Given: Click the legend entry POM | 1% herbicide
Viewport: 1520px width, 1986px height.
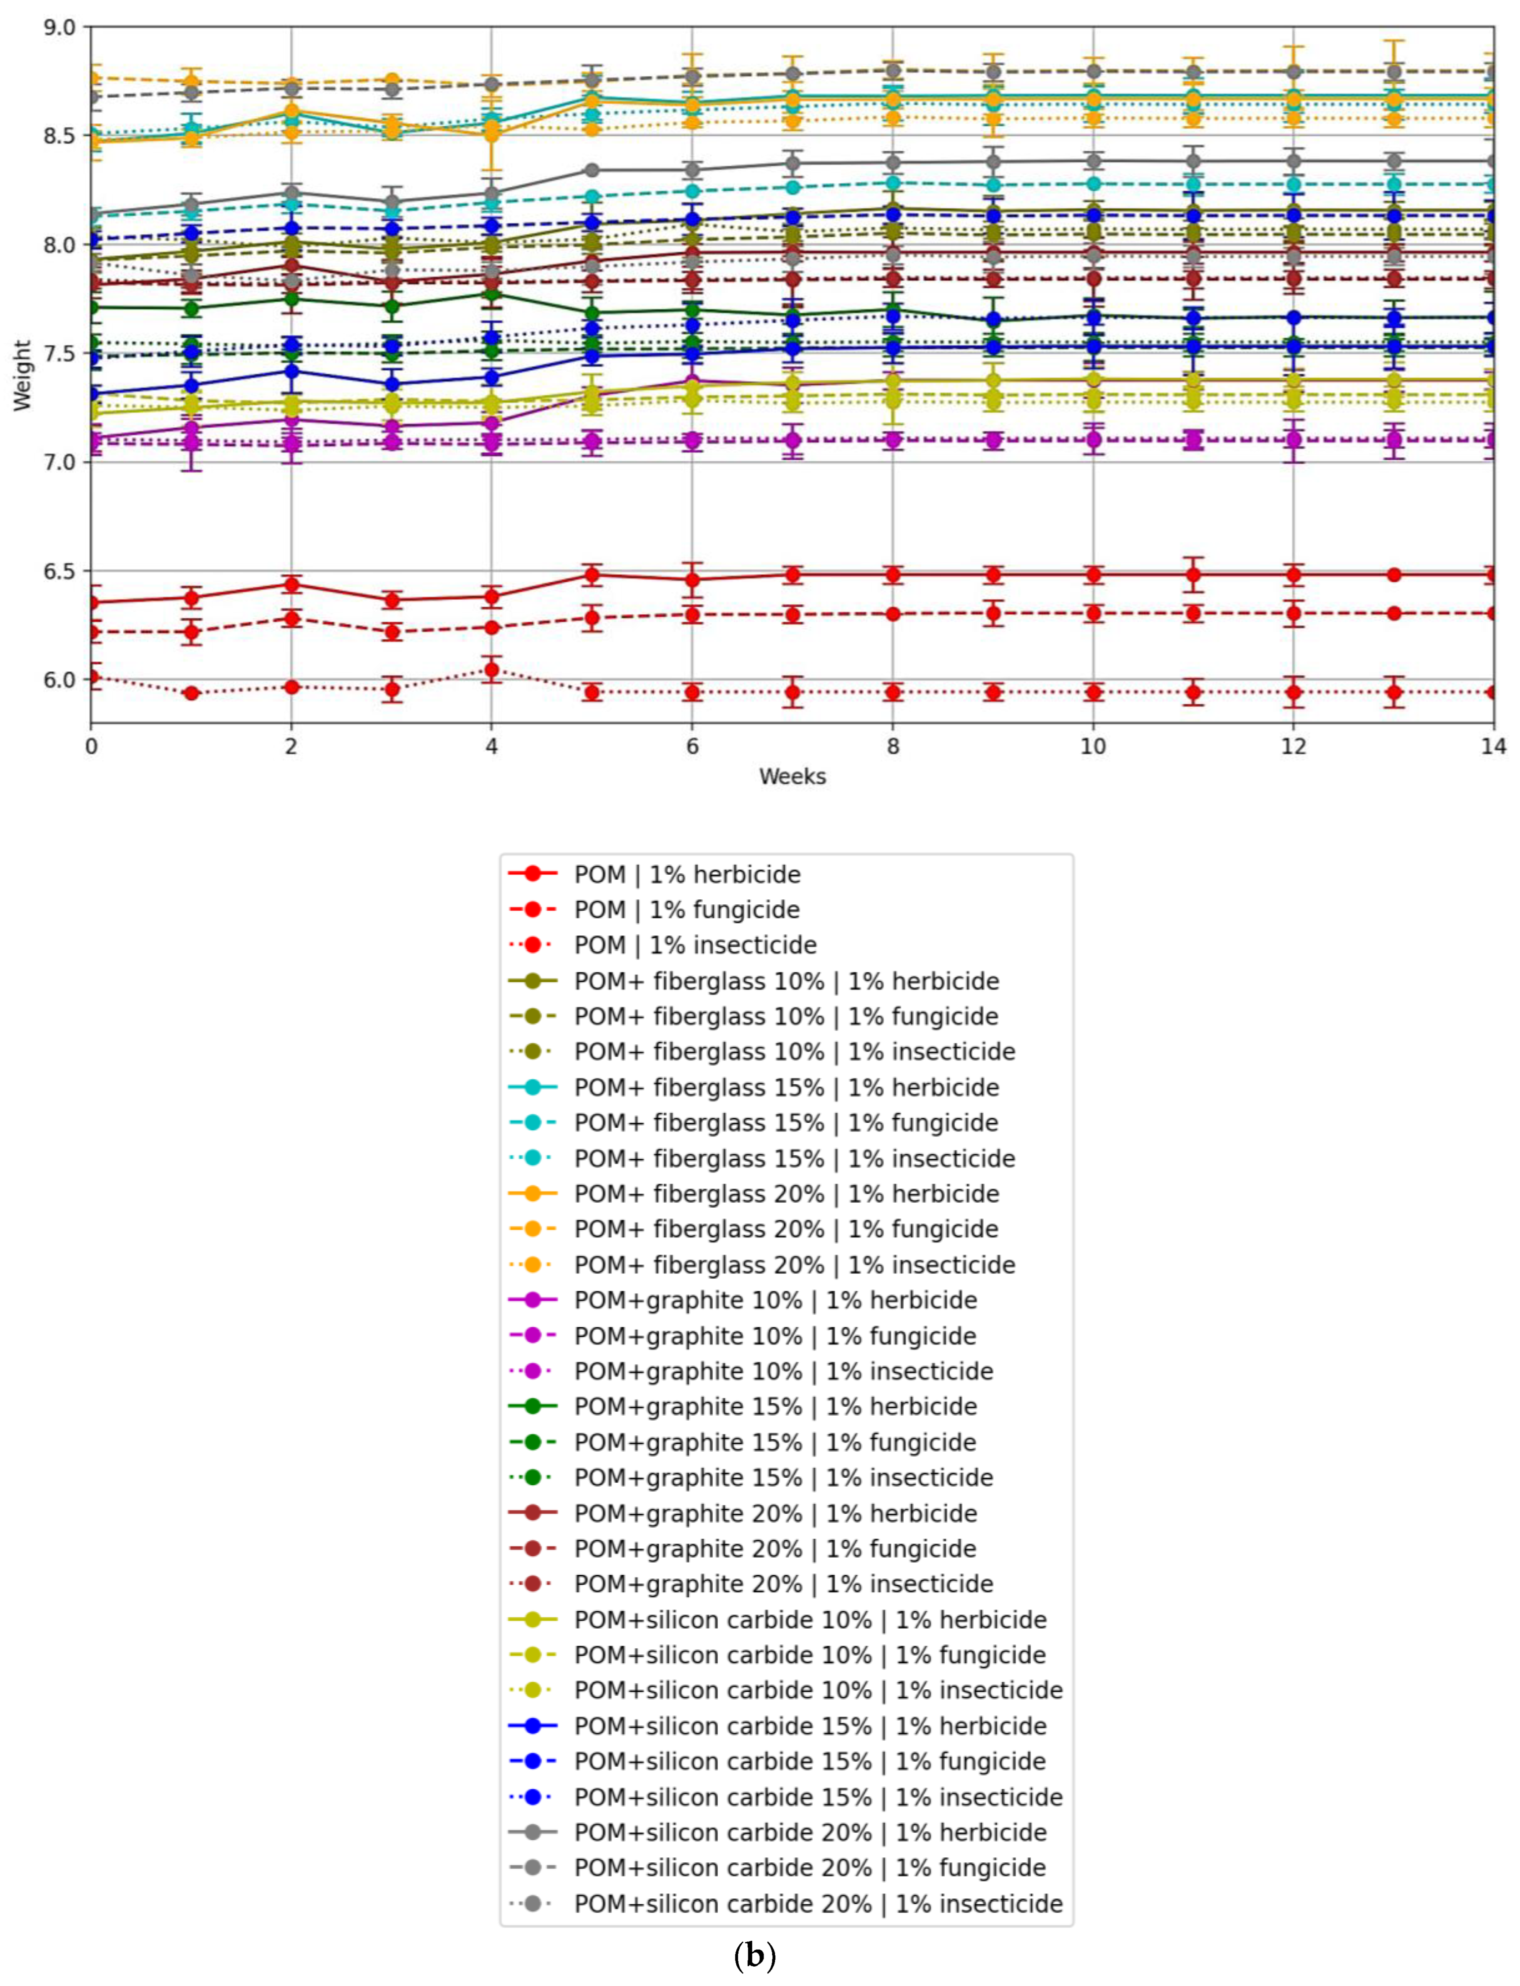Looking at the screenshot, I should (x=687, y=875).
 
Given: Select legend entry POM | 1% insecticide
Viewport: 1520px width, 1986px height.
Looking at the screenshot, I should (x=695, y=945).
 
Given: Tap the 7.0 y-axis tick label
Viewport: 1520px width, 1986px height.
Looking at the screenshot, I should (x=60, y=462).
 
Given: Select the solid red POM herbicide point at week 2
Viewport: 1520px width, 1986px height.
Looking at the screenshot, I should (x=291, y=584).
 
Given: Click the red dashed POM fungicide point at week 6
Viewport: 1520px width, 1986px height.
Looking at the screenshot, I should (x=692, y=615).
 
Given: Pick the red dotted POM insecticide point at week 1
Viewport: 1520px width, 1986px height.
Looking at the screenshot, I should (x=191, y=694).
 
